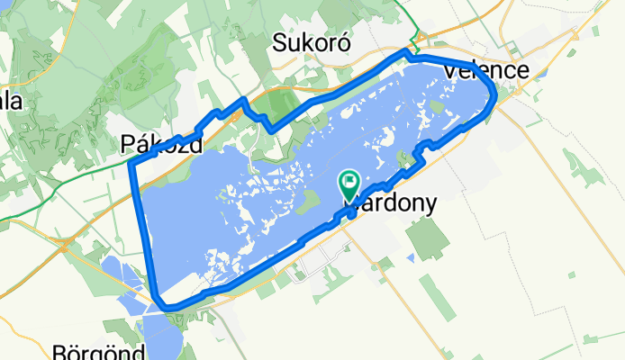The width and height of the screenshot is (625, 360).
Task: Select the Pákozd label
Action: [160, 143]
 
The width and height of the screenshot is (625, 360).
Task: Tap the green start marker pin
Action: [349, 185]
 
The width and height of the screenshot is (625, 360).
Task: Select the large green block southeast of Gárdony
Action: [426, 237]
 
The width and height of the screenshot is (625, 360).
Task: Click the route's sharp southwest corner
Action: [161, 304]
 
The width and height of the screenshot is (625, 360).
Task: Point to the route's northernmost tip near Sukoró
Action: [406, 55]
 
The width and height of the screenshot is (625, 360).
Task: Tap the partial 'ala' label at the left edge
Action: [11, 101]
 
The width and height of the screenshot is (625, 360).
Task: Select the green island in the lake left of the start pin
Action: [307, 199]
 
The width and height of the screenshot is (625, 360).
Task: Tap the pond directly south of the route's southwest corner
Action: [163, 337]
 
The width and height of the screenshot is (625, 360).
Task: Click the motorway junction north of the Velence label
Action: [417, 38]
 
